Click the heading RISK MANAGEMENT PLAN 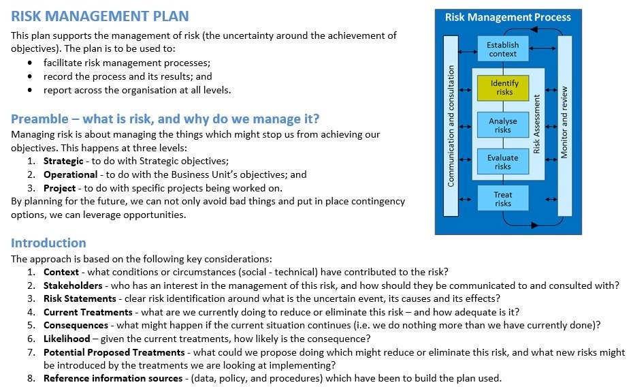pos(100,16)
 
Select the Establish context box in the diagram pos(502,49)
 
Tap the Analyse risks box pos(502,125)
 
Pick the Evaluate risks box pos(502,162)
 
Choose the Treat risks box pos(502,199)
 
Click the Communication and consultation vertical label pos(451,126)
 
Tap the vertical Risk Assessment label pos(536,124)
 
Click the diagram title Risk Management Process pos(508,17)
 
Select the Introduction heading pos(48,243)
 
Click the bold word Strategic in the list pos(64,161)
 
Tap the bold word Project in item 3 pos(59,188)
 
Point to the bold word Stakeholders pos(73,285)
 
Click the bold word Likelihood pos(67,339)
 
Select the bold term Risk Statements pos(80,298)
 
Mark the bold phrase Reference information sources pos(113,378)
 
